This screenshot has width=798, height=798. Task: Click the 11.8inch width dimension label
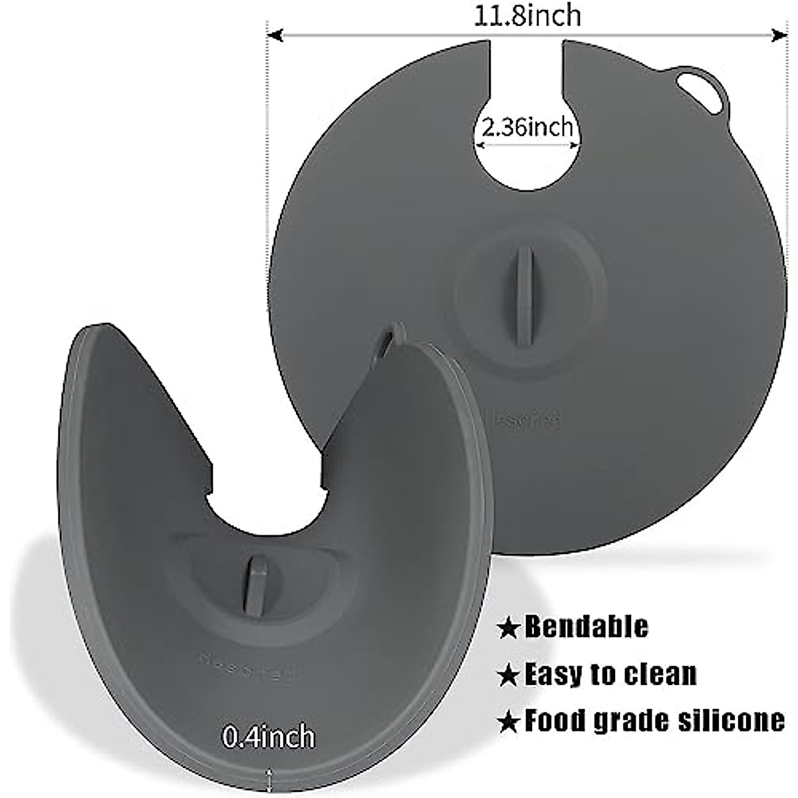pyautogui.click(x=527, y=15)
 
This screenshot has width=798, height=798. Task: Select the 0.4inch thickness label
pyautogui.click(x=268, y=736)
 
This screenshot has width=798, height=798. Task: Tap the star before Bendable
pyautogui.click(x=509, y=628)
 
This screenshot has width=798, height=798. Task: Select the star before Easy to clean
pyautogui.click(x=509, y=676)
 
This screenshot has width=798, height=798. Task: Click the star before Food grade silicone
pyautogui.click(x=509, y=722)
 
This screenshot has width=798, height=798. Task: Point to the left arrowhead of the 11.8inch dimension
pyautogui.click(x=274, y=35)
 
